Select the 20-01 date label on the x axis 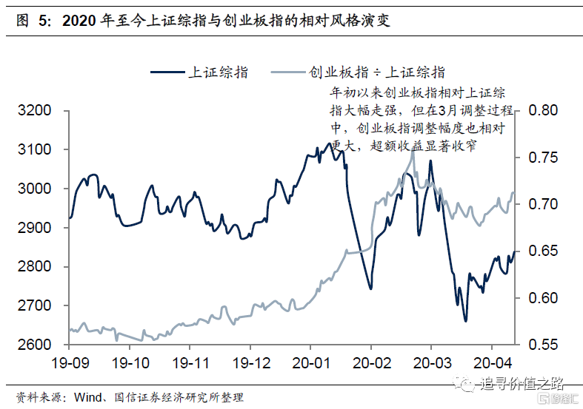[x=310, y=363]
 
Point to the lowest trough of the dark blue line [x=465, y=321]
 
